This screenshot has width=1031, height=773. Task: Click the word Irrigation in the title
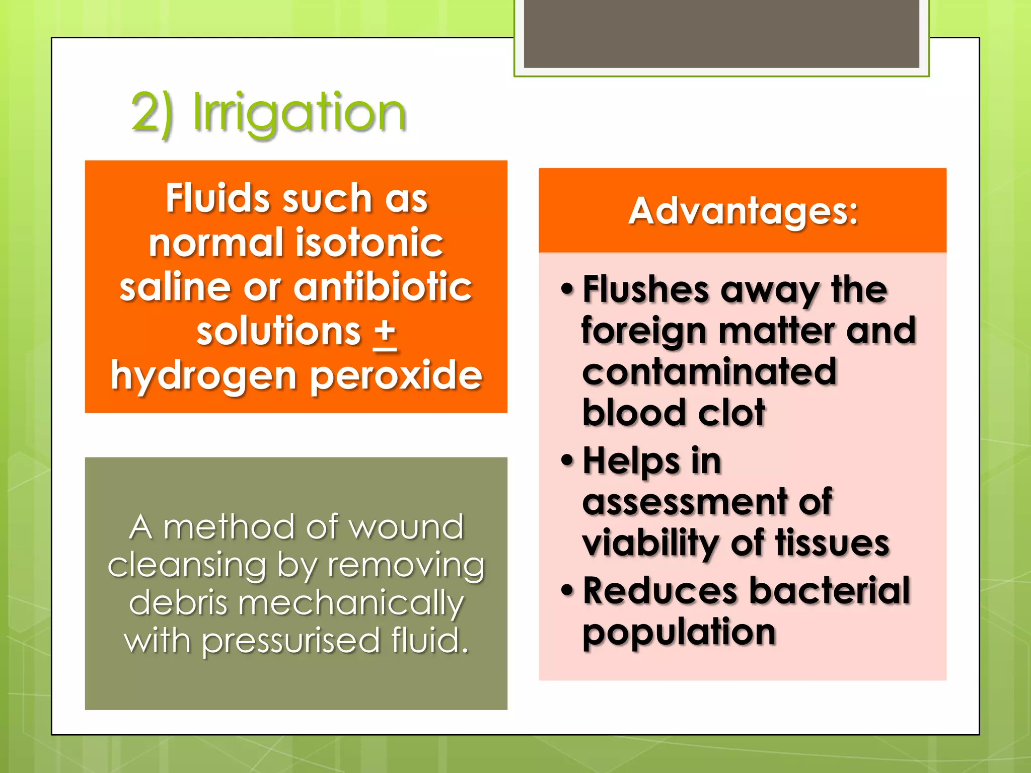pyautogui.click(x=300, y=113)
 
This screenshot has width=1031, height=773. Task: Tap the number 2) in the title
pyautogui.click(x=153, y=113)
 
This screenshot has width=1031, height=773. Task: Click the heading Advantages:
pyautogui.click(x=743, y=211)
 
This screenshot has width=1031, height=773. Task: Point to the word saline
pyautogui.click(x=175, y=288)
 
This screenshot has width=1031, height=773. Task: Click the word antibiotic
pyautogui.click(x=383, y=288)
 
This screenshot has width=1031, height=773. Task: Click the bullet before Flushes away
pyautogui.click(x=567, y=289)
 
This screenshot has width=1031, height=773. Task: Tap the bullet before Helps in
pyautogui.click(x=567, y=460)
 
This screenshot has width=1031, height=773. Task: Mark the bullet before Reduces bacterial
pyautogui.click(x=567, y=590)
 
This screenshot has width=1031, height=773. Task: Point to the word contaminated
pyautogui.click(x=709, y=372)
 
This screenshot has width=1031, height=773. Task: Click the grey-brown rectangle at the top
pyautogui.click(x=721, y=33)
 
